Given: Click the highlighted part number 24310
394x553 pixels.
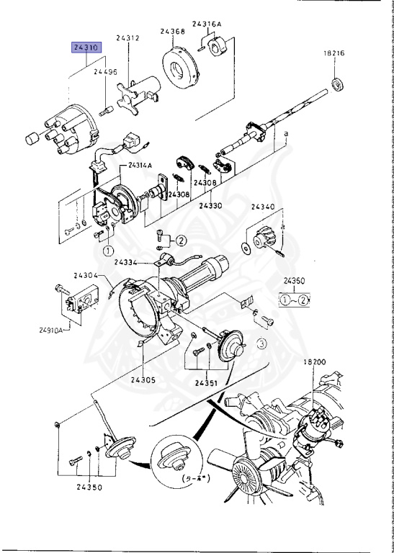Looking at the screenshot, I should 86,48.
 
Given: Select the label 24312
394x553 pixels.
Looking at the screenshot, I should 130,38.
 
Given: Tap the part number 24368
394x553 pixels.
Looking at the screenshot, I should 173,31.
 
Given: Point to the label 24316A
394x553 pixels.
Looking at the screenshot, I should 207,24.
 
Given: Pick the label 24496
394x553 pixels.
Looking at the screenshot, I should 106,72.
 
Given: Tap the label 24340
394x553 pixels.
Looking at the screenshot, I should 263,207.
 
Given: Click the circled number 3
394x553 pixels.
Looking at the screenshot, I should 261,345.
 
